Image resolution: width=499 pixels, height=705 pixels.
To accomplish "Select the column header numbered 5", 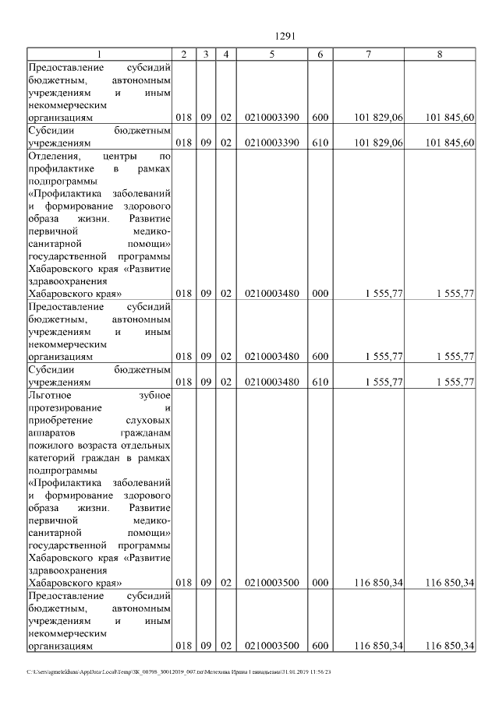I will [x=271, y=54].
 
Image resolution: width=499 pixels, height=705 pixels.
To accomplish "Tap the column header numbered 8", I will [x=441, y=54].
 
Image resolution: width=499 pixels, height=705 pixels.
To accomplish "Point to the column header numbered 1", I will [x=99, y=54].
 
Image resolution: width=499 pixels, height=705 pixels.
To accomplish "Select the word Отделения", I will [x=52, y=155].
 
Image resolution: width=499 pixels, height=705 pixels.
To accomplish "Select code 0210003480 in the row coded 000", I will [x=271, y=294].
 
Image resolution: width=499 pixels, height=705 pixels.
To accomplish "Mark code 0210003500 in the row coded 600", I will [x=271, y=646].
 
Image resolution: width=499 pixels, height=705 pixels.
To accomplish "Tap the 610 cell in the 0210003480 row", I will [x=320, y=382].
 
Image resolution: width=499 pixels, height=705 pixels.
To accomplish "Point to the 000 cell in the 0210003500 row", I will [x=320, y=583].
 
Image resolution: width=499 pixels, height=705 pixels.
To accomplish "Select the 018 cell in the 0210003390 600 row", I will [x=184, y=117].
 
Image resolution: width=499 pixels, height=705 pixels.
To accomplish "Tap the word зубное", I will [x=154, y=395].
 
